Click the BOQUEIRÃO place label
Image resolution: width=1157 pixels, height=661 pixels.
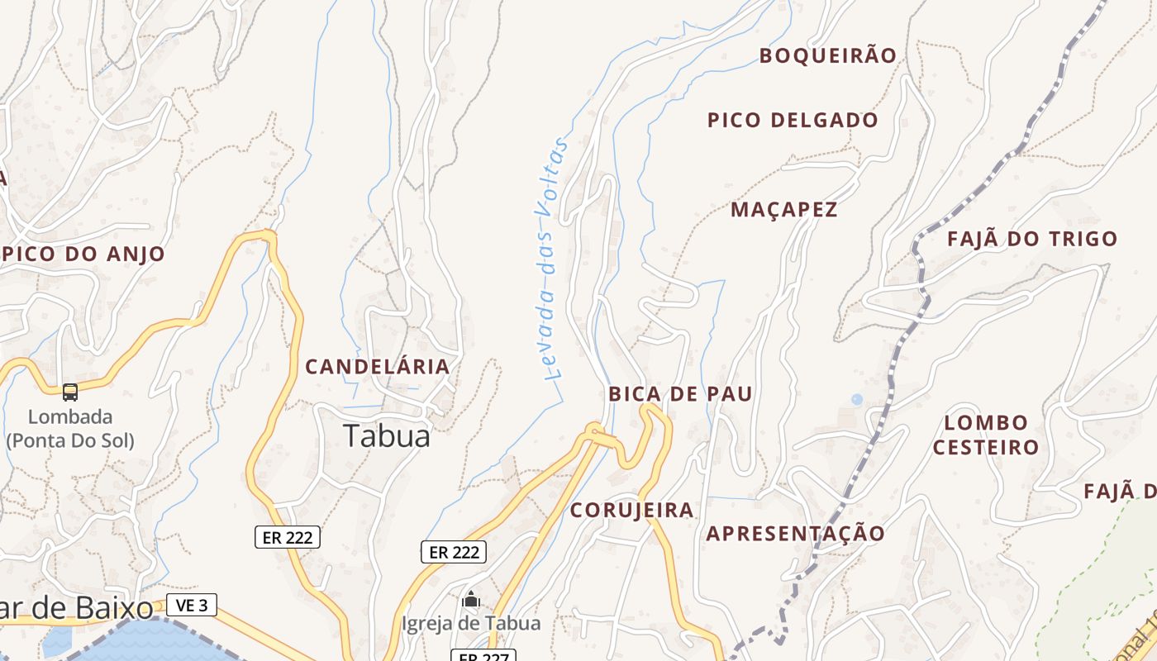(x=827, y=55)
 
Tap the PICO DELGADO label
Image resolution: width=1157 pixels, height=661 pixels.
(x=793, y=120)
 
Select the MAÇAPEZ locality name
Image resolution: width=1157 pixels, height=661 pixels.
(x=783, y=210)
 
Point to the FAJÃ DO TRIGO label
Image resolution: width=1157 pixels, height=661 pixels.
(x=1031, y=239)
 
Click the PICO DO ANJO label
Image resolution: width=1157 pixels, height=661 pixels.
(x=85, y=254)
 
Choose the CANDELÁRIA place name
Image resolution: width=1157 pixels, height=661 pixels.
(x=378, y=366)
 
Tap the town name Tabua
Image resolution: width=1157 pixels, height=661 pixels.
(x=387, y=435)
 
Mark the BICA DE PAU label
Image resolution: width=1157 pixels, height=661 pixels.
(x=680, y=394)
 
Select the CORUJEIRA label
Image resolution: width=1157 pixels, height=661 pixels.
(x=631, y=510)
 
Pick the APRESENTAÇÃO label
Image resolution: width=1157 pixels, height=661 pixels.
(x=795, y=533)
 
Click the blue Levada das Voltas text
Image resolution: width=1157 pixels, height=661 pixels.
(x=550, y=259)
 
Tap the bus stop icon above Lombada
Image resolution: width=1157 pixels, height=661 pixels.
(x=70, y=392)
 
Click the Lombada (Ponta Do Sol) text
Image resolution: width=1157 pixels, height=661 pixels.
(x=70, y=428)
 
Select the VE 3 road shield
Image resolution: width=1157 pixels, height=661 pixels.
(x=191, y=606)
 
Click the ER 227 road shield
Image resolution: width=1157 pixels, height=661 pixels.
(x=483, y=656)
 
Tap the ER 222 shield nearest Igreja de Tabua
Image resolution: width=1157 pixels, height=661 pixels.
(x=454, y=552)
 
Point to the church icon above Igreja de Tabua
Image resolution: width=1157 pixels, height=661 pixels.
(x=471, y=599)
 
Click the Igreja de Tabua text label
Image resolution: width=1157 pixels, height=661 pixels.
(x=471, y=623)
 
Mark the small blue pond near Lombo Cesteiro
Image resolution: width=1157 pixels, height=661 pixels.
(x=856, y=399)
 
